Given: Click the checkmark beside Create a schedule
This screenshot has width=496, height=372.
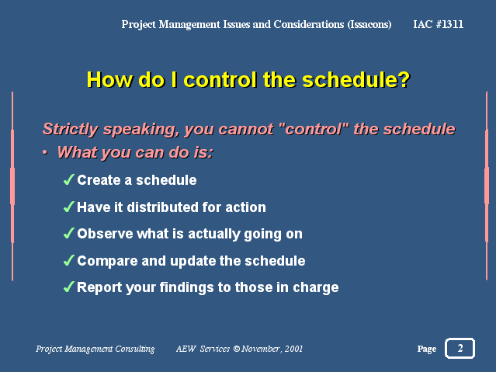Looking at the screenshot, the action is click(69, 180).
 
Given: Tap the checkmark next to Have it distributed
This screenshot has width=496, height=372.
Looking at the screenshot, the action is click(69, 207).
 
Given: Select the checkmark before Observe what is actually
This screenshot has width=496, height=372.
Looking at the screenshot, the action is click(69, 233).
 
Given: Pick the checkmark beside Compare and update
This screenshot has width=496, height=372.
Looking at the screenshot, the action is click(69, 261).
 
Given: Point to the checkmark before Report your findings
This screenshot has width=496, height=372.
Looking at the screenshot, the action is click(69, 287).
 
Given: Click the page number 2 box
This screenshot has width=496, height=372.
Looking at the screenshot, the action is click(460, 348).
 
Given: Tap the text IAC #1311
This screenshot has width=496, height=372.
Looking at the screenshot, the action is click(438, 24).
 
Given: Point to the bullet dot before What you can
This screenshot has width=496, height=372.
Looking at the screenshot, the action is click(45, 152).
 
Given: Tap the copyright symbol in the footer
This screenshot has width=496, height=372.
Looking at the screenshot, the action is click(237, 349).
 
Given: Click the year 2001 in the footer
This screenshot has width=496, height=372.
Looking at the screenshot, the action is click(293, 349).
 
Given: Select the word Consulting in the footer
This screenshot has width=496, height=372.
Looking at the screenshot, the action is click(135, 349).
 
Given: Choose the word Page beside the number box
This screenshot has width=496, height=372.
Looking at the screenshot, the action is click(427, 349).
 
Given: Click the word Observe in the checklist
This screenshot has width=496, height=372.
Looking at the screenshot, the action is click(105, 234).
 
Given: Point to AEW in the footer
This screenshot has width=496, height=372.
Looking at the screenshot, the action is click(186, 349).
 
